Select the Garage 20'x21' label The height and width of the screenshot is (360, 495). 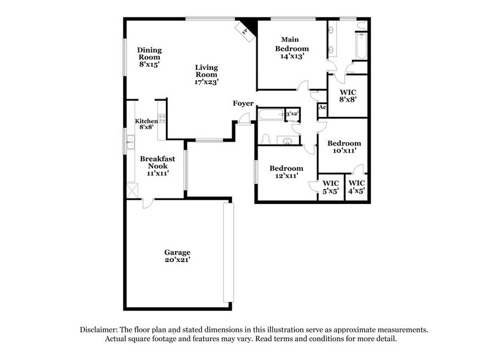click(177, 257)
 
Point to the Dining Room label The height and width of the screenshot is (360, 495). click(149, 57)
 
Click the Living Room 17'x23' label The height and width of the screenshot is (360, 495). click(207, 74)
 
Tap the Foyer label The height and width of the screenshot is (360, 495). click(243, 103)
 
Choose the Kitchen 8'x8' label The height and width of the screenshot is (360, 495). click(146, 124)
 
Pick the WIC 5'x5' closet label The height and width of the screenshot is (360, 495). click(331, 187)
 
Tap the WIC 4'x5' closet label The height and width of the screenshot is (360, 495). click(357, 187)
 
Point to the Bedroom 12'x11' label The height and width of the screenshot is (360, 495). click(286, 172)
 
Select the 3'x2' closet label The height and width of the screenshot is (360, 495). click(292, 114)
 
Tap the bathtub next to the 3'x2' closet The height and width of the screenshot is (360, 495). click(270, 114)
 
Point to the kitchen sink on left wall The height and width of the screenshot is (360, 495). click(130, 144)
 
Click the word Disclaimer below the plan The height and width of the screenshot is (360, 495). click(100, 329)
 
